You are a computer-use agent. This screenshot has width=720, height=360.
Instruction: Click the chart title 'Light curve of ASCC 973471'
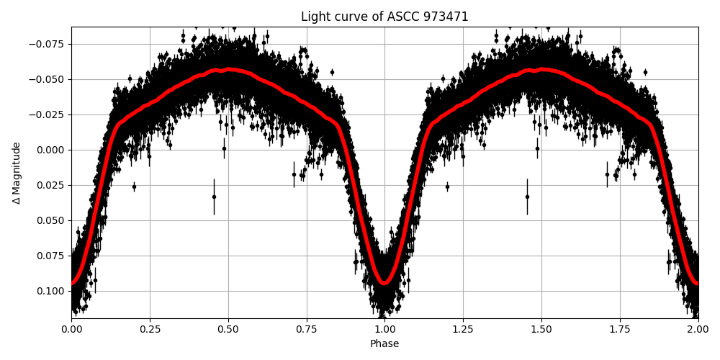point(384,17)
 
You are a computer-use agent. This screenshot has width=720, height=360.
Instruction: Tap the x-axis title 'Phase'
point(384,344)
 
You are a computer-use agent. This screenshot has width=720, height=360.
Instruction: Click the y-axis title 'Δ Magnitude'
point(17,173)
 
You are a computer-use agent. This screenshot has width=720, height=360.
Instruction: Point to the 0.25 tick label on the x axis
point(150,329)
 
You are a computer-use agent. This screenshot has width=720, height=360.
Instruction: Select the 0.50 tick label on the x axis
point(228,329)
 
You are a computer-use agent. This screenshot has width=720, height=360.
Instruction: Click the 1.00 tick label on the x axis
point(384,329)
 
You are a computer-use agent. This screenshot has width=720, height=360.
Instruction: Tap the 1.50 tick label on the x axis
point(541,329)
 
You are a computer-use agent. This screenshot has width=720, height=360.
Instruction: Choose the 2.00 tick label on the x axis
point(698,329)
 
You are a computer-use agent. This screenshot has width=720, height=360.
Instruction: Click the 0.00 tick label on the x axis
point(71,329)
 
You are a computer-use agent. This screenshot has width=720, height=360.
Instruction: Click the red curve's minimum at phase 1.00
point(384,282)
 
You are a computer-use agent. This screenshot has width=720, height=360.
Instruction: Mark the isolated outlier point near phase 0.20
point(134,186)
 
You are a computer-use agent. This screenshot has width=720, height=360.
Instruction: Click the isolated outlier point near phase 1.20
point(447,186)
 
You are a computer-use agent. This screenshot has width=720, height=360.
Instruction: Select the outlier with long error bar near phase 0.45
point(214,197)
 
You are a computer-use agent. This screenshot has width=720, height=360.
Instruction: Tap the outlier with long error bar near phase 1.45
point(527,197)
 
